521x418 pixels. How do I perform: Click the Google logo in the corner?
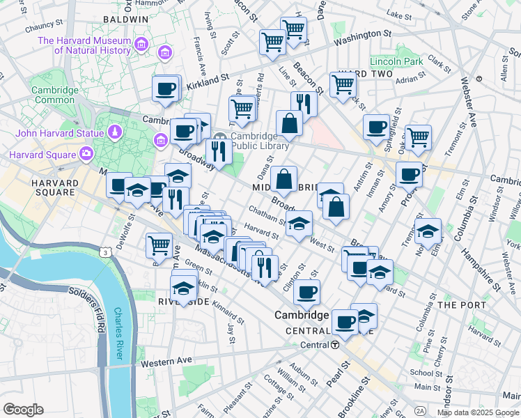click(23, 410)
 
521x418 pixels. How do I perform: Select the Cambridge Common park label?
click(54, 95)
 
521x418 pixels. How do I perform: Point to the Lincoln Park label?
click(396, 62)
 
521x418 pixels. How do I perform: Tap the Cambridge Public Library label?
click(260, 141)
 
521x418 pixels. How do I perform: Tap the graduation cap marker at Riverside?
click(183, 288)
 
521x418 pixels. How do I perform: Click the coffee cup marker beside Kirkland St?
click(166, 88)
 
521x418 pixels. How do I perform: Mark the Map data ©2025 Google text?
click(477, 412)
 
